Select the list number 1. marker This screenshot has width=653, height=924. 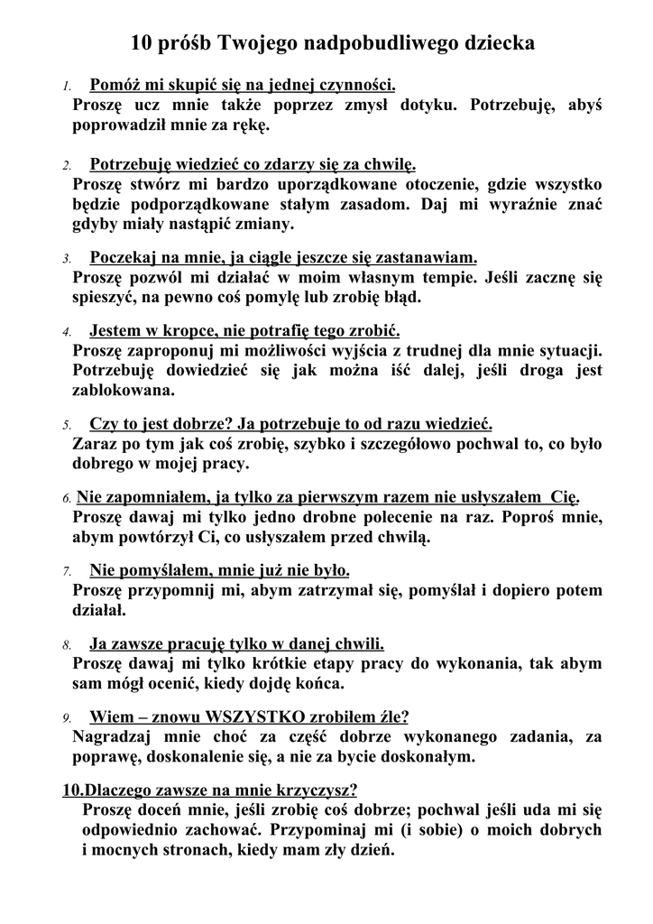tap(68, 88)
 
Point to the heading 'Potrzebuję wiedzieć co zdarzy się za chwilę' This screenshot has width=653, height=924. tap(253, 165)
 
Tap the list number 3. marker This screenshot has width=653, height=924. tap(68, 258)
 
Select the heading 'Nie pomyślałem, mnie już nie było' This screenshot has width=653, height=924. tap(219, 570)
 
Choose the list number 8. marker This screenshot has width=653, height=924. tap(68, 645)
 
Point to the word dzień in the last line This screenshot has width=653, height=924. tap(372, 848)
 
